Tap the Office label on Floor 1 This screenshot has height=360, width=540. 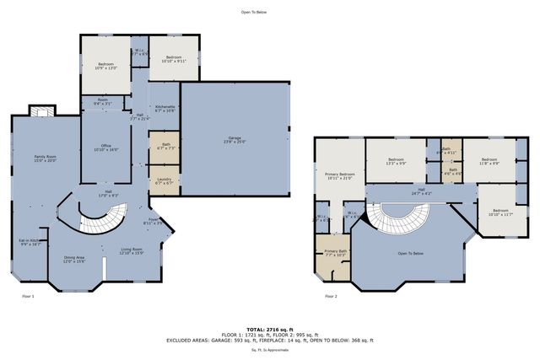[106, 148]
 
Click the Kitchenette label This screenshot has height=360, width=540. [165, 109]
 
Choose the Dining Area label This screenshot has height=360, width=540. [75, 259]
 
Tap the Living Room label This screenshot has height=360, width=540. [130, 250]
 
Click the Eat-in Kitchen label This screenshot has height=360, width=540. [30, 242]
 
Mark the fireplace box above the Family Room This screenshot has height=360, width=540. [39, 112]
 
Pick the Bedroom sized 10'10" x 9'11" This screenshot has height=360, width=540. [174, 58]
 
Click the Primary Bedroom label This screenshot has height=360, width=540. [339, 176]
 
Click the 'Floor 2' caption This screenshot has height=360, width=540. [330, 297]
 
